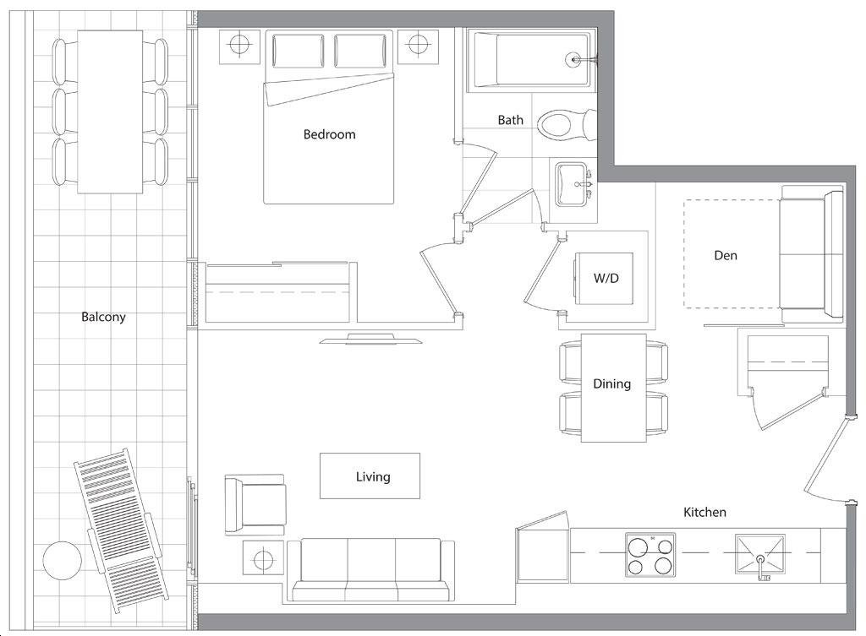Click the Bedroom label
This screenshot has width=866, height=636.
click(x=329, y=134)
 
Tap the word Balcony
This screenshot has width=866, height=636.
click(x=103, y=317)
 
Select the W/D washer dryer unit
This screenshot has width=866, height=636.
click(x=605, y=278)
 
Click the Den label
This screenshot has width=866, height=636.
click(x=725, y=255)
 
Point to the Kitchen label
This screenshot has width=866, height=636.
click(x=704, y=512)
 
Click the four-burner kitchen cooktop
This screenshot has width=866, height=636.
click(x=650, y=555)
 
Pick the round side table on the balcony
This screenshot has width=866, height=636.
click(x=63, y=561)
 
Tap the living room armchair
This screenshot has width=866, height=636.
click(x=255, y=505)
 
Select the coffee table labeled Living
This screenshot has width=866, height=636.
click(x=370, y=476)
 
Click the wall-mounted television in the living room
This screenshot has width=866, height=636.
click(x=370, y=339)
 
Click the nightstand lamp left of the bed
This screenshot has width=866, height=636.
click(x=239, y=46)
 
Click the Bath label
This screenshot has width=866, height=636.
click(x=510, y=120)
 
